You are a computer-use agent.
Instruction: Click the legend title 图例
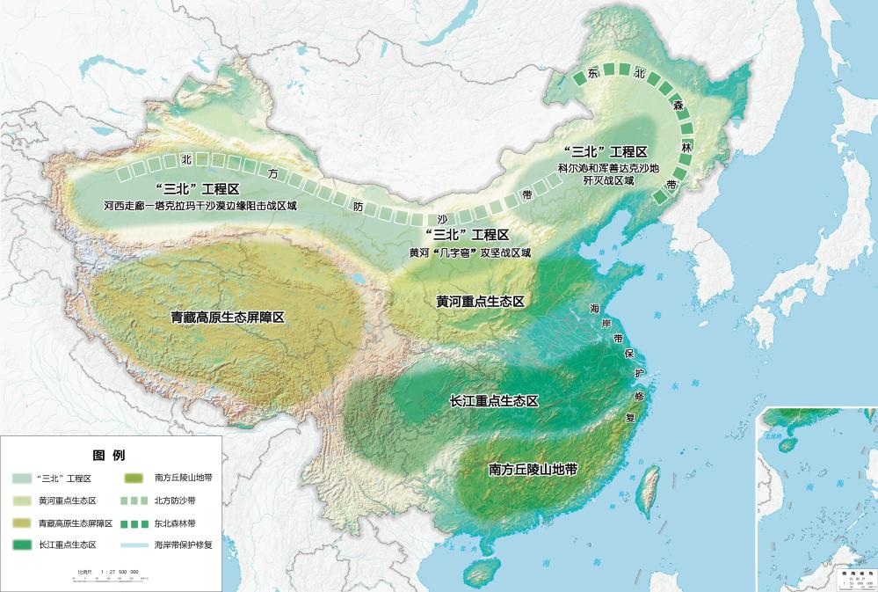(109, 456)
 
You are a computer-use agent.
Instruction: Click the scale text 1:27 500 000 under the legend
(120, 571)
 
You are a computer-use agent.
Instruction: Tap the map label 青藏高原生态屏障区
(228, 316)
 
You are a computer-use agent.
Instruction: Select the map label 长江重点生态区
(493, 400)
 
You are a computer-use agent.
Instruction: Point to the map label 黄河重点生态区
(480, 302)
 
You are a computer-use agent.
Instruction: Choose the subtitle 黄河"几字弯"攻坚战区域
(470, 252)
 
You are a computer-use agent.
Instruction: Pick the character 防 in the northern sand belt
(358, 206)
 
